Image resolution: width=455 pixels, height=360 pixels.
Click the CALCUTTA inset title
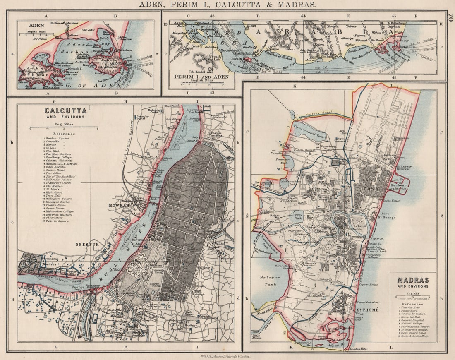click(x=66, y=111)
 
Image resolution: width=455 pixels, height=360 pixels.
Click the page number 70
click(x=450, y=18)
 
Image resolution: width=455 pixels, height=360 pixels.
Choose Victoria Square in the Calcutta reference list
click(x=60, y=221)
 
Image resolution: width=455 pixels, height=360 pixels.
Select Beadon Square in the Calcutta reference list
click(x=58, y=138)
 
